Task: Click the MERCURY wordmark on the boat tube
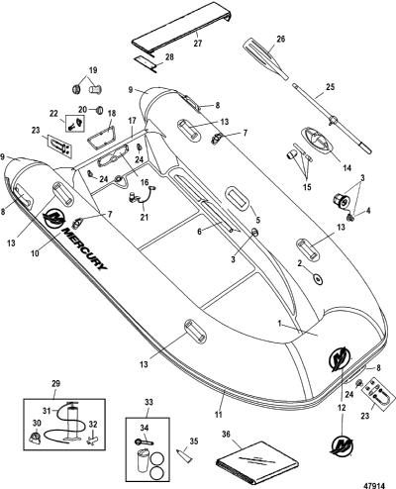coord(84,248)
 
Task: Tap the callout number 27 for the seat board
coord(198,44)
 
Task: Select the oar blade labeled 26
coord(262,56)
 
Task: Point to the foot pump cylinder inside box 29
coord(71,421)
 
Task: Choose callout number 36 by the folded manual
coord(226,435)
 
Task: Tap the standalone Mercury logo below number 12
coord(343,445)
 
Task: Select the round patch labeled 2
coord(318,279)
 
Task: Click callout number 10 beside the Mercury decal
coord(36,252)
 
